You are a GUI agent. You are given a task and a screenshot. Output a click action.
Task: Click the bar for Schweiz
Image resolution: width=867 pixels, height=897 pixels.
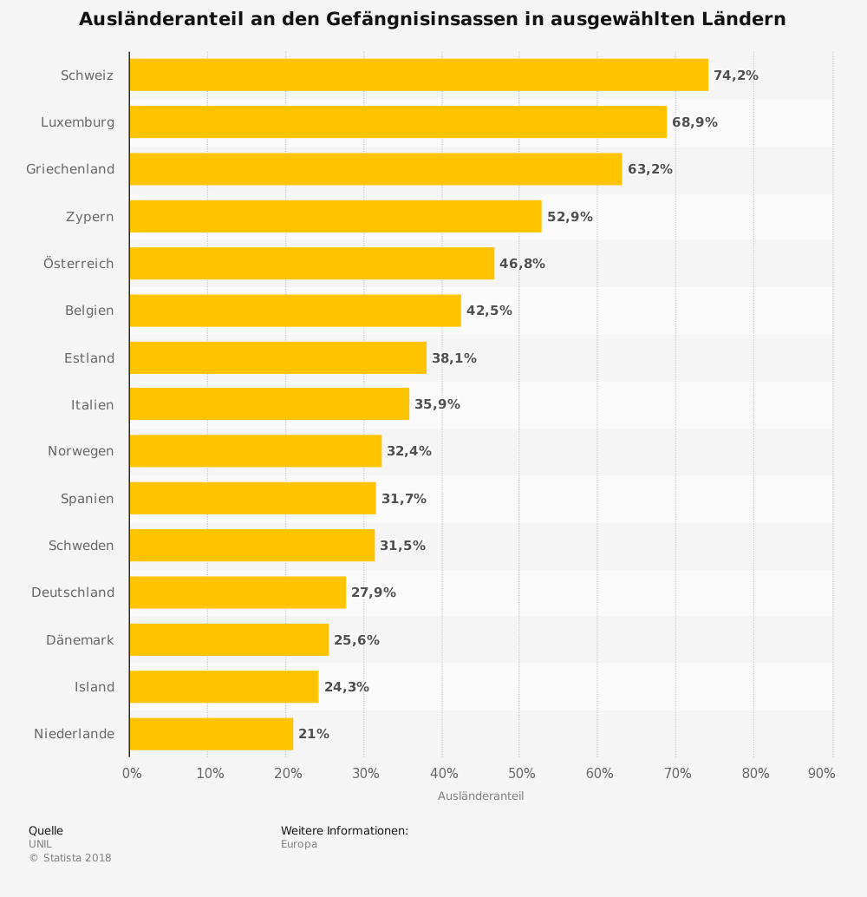pyautogui.click(x=418, y=75)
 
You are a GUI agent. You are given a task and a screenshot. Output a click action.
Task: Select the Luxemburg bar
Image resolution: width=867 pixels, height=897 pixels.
pyautogui.click(x=398, y=122)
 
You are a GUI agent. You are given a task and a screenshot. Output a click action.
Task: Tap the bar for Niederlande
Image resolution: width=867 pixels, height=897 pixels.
pyautogui.click(x=211, y=734)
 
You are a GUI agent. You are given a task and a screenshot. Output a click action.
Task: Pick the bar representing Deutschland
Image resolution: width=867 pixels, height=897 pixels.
pyautogui.click(x=238, y=593)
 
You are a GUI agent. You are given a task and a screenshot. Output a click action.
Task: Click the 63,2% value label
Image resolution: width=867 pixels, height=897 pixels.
pyautogui.click(x=649, y=169)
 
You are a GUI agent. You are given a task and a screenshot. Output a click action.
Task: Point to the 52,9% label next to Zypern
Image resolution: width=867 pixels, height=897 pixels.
pyautogui.click(x=570, y=217)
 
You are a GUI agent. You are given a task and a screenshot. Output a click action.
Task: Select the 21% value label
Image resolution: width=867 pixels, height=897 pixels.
pyautogui.click(x=313, y=734)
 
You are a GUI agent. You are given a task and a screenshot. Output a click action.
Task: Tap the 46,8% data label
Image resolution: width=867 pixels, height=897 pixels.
pyautogui.click(x=522, y=264)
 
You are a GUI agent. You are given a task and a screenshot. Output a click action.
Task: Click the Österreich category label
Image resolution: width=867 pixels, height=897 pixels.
pyautogui.click(x=79, y=264)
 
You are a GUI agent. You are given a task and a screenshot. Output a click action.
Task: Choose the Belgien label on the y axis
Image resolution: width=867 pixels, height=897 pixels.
pyautogui.click(x=89, y=311)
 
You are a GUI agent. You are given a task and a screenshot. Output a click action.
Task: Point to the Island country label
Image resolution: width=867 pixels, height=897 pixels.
pyautogui.click(x=95, y=687)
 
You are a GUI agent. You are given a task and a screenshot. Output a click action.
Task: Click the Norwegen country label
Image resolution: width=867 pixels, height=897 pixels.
pyautogui.click(x=81, y=451)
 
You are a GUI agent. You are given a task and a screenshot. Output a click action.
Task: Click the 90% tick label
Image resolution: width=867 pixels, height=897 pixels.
pyautogui.click(x=821, y=774)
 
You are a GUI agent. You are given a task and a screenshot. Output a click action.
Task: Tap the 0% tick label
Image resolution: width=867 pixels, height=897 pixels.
pyautogui.click(x=132, y=774)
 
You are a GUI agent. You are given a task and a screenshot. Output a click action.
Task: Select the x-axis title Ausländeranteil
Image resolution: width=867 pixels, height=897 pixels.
pyautogui.click(x=480, y=796)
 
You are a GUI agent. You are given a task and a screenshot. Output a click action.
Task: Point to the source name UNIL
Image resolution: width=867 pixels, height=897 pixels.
pyautogui.click(x=40, y=844)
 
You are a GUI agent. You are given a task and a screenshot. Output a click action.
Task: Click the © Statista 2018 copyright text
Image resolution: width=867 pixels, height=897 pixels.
pyautogui.click(x=70, y=858)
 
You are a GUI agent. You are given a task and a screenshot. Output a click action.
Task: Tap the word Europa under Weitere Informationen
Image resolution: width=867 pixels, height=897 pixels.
pyautogui.click(x=298, y=844)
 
